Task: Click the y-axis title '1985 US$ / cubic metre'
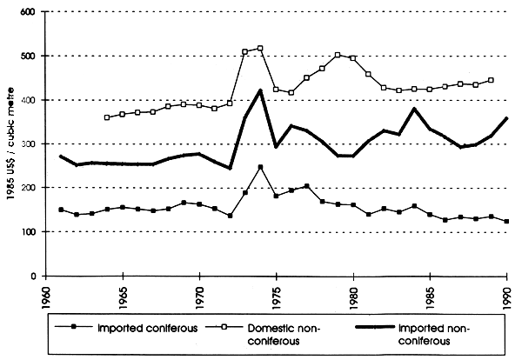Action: pyautogui.click(x=10, y=144)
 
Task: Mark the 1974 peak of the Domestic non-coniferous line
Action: pyautogui.click(x=260, y=49)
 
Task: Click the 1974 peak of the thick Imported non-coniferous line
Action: pyautogui.click(x=260, y=90)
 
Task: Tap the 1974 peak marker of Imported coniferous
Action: pyautogui.click(x=260, y=167)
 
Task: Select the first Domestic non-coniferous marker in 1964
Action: pyautogui.click(x=107, y=117)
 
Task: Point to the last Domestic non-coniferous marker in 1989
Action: pyautogui.click(x=492, y=80)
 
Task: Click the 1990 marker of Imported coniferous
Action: pyautogui.click(x=506, y=222)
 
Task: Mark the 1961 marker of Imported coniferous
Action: pyautogui.click(x=61, y=210)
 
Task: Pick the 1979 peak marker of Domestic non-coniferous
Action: pyautogui.click(x=338, y=55)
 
